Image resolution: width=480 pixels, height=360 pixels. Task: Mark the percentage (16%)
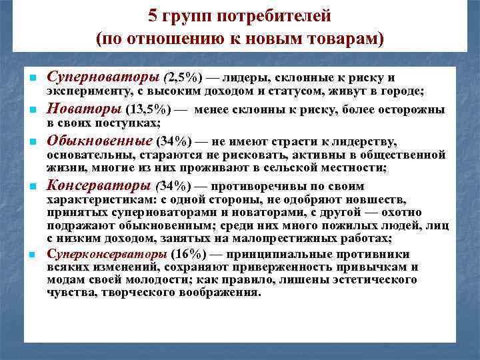coord(189,255)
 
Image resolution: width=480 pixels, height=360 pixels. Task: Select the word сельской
coord(311,169)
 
